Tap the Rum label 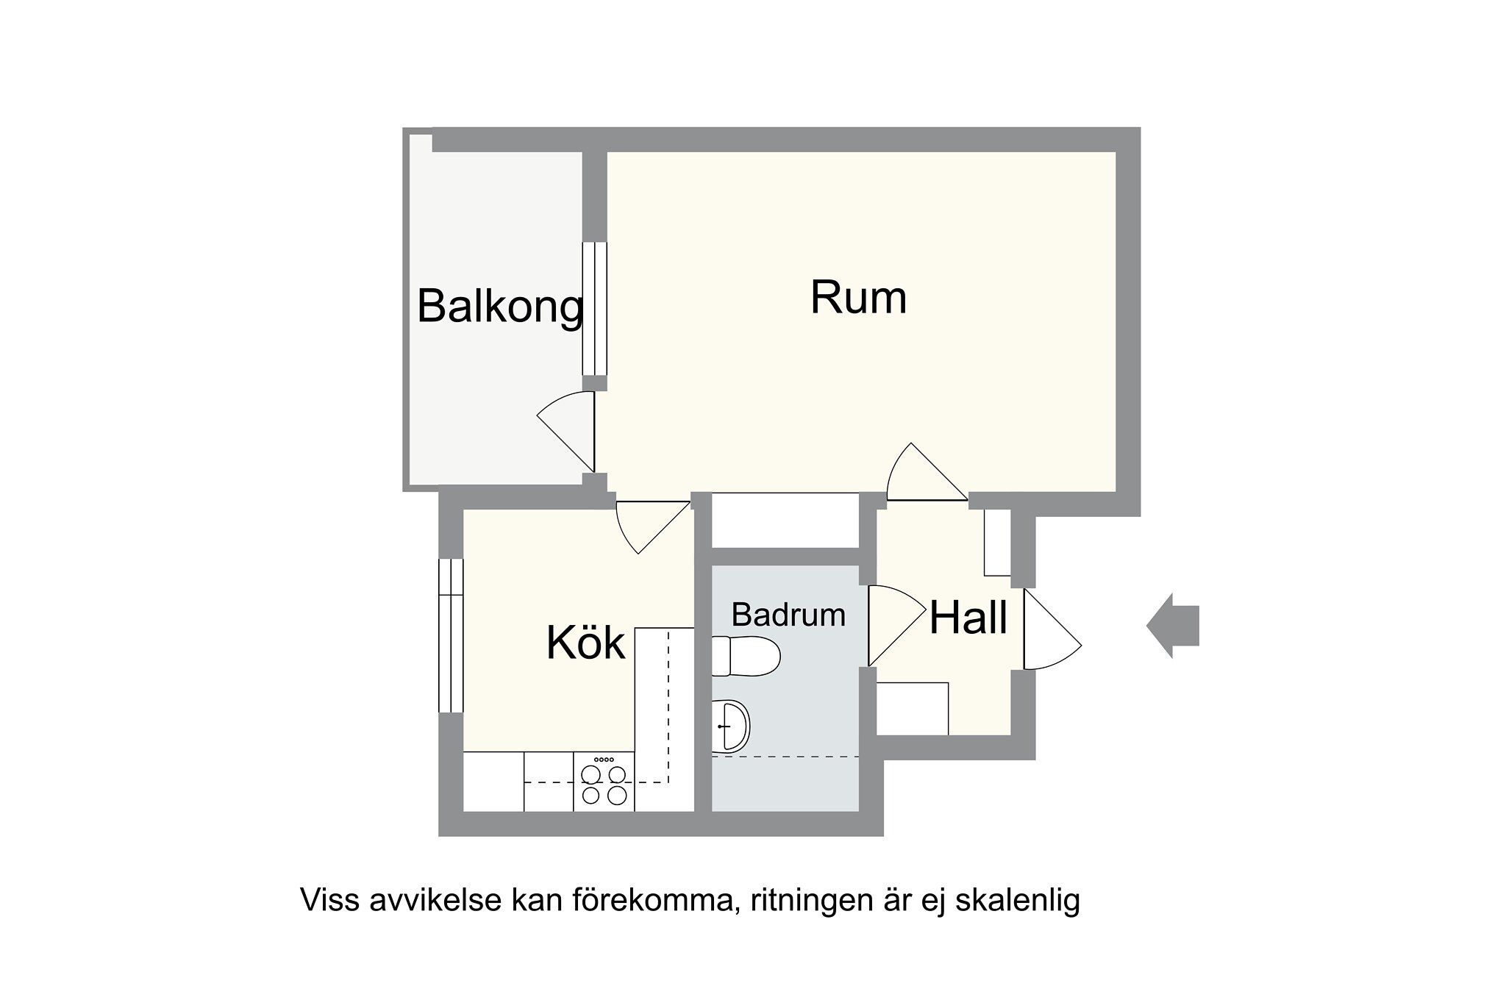click(858, 297)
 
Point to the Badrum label click(788, 615)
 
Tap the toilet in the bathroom click(744, 656)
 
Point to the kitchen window click(451, 635)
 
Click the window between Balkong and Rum click(595, 309)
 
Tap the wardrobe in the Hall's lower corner click(913, 708)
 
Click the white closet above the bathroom click(785, 520)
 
